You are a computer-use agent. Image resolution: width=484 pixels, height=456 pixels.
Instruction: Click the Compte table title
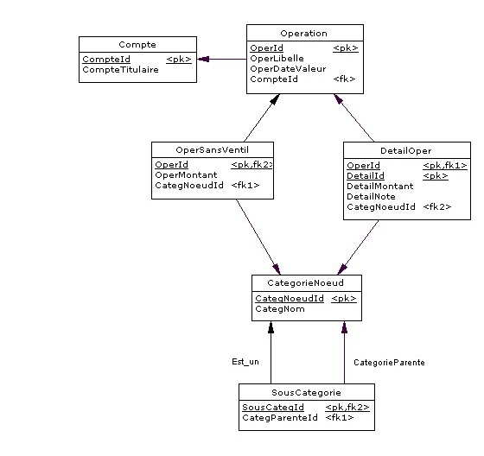click(x=137, y=45)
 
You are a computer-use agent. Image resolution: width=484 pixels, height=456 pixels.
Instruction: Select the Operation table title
click(x=303, y=34)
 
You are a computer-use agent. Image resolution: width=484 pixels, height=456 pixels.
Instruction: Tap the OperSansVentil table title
click(x=212, y=150)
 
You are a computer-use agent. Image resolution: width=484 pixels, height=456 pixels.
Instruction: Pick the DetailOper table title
click(x=406, y=151)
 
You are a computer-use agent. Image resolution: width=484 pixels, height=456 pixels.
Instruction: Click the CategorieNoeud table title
click(x=306, y=283)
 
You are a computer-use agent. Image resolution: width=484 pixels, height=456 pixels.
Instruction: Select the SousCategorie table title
click(x=306, y=392)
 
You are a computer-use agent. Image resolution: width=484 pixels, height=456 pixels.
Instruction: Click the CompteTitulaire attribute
click(x=121, y=70)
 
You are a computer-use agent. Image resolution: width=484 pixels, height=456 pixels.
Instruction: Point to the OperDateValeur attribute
click(x=288, y=69)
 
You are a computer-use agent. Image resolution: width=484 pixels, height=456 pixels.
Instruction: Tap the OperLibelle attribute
click(x=277, y=59)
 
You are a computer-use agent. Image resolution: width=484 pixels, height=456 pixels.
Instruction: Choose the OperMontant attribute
click(x=186, y=175)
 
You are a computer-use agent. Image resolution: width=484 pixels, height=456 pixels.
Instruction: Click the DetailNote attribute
click(x=371, y=197)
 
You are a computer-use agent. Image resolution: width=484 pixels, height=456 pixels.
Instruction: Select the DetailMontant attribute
click(x=380, y=186)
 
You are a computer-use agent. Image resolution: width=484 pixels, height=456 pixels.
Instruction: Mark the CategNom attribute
click(x=280, y=309)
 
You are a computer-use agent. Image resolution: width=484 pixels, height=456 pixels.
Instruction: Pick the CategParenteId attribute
click(x=280, y=418)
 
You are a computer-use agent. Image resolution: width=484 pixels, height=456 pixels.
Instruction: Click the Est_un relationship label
click(x=245, y=362)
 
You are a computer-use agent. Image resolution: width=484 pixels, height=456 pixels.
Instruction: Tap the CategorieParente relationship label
click(x=389, y=363)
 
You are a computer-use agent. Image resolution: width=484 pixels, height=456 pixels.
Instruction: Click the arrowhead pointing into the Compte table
click(x=203, y=59)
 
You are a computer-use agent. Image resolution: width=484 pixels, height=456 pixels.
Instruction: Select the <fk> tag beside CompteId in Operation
click(x=344, y=79)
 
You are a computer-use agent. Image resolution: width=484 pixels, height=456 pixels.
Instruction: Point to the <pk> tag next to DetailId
click(x=436, y=176)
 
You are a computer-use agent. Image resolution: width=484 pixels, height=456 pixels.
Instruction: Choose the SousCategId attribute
click(x=273, y=408)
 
